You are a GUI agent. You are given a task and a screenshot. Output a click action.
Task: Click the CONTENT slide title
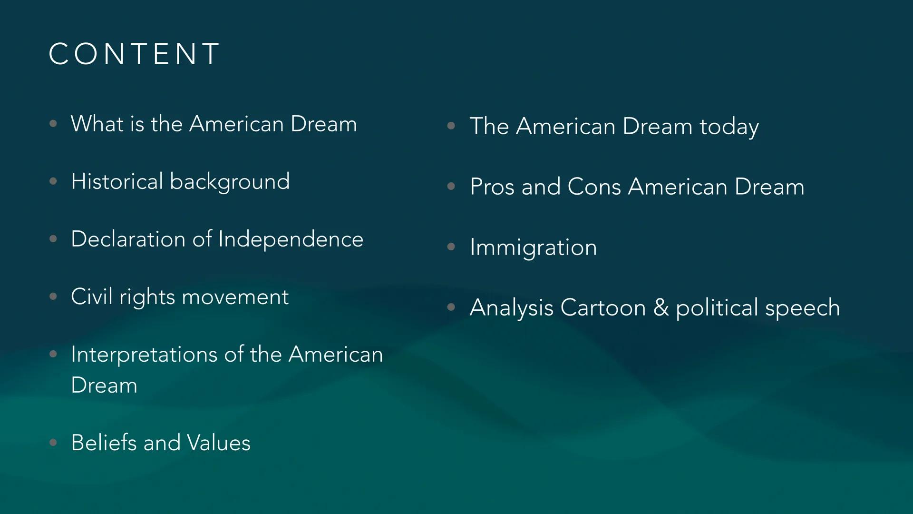click(x=134, y=53)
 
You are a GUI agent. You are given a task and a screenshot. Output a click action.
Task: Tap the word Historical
click(x=117, y=181)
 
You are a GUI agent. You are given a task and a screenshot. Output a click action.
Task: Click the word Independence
click(x=291, y=239)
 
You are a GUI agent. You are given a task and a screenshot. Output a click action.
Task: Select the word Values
click(x=218, y=443)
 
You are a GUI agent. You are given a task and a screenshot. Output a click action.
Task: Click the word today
click(x=729, y=127)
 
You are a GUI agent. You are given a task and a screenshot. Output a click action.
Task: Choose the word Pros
click(x=492, y=187)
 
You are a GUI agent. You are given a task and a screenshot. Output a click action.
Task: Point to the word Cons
click(x=594, y=187)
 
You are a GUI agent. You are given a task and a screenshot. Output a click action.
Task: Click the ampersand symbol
click(x=661, y=307)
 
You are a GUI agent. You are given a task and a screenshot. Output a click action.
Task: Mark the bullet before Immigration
click(x=451, y=247)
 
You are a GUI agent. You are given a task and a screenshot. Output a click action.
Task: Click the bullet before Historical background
click(x=53, y=181)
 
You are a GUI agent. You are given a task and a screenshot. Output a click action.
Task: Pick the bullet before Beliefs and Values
click(x=53, y=443)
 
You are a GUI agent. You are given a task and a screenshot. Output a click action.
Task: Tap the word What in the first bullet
click(x=97, y=124)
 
